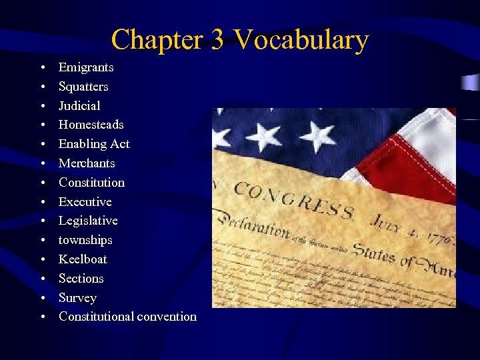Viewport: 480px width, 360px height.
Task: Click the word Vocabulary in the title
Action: [301, 40]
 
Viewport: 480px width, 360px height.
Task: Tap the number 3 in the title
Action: [217, 40]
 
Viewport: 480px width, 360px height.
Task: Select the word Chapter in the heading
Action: [158, 40]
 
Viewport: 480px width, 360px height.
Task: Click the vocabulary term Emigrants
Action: [86, 67]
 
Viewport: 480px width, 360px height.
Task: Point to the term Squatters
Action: [83, 87]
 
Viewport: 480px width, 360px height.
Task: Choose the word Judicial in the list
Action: [79, 106]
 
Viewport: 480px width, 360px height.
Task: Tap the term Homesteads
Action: [91, 125]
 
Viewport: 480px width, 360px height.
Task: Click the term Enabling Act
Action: [94, 144]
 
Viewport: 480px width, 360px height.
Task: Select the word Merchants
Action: [87, 163]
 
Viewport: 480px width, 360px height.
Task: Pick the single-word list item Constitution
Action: [91, 183]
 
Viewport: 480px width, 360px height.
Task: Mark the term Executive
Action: [85, 202]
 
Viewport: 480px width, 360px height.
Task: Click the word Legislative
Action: [88, 221]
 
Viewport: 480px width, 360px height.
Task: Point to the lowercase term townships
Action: [85, 240]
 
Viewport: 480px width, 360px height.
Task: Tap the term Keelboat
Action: [83, 259]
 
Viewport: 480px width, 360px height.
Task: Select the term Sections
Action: [81, 279]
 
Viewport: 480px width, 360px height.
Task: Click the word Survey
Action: [77, 298]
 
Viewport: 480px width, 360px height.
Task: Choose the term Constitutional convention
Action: [127, 317]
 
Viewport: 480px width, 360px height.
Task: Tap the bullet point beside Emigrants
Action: [42, 68]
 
